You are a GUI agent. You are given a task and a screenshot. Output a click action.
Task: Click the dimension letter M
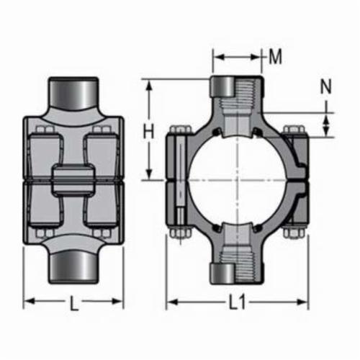tap(275, 57)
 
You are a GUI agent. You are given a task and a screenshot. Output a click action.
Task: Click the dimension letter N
tap(325, 86)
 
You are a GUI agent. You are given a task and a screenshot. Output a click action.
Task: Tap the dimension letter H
tap(148, 132)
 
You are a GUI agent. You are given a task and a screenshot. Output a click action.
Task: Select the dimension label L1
tap(237, 302)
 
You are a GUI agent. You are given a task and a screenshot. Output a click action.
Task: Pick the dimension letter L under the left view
tap(73, 303)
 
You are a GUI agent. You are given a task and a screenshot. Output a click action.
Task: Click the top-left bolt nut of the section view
tap(181, 130)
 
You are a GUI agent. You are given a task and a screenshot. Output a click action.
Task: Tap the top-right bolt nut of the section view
tap(294, 130)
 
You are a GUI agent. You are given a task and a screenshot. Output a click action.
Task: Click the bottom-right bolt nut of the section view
tap(294, 233)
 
